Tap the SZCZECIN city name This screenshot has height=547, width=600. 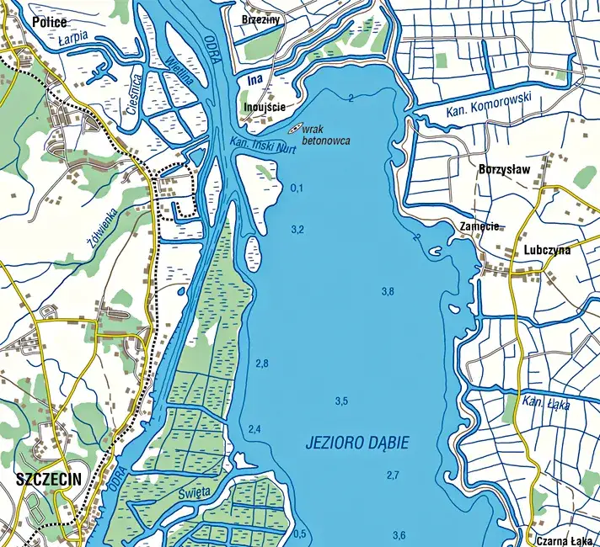[48, 481]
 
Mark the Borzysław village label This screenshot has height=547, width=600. [504, 168]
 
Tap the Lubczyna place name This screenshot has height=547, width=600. [546, 250]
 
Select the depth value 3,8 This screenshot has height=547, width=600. [388, 292]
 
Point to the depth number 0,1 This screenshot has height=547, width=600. [296, 188]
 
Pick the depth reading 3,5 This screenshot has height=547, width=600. [341, 401]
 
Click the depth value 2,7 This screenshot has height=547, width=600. [393, 475]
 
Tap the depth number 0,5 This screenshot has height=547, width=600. [300, 534]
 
